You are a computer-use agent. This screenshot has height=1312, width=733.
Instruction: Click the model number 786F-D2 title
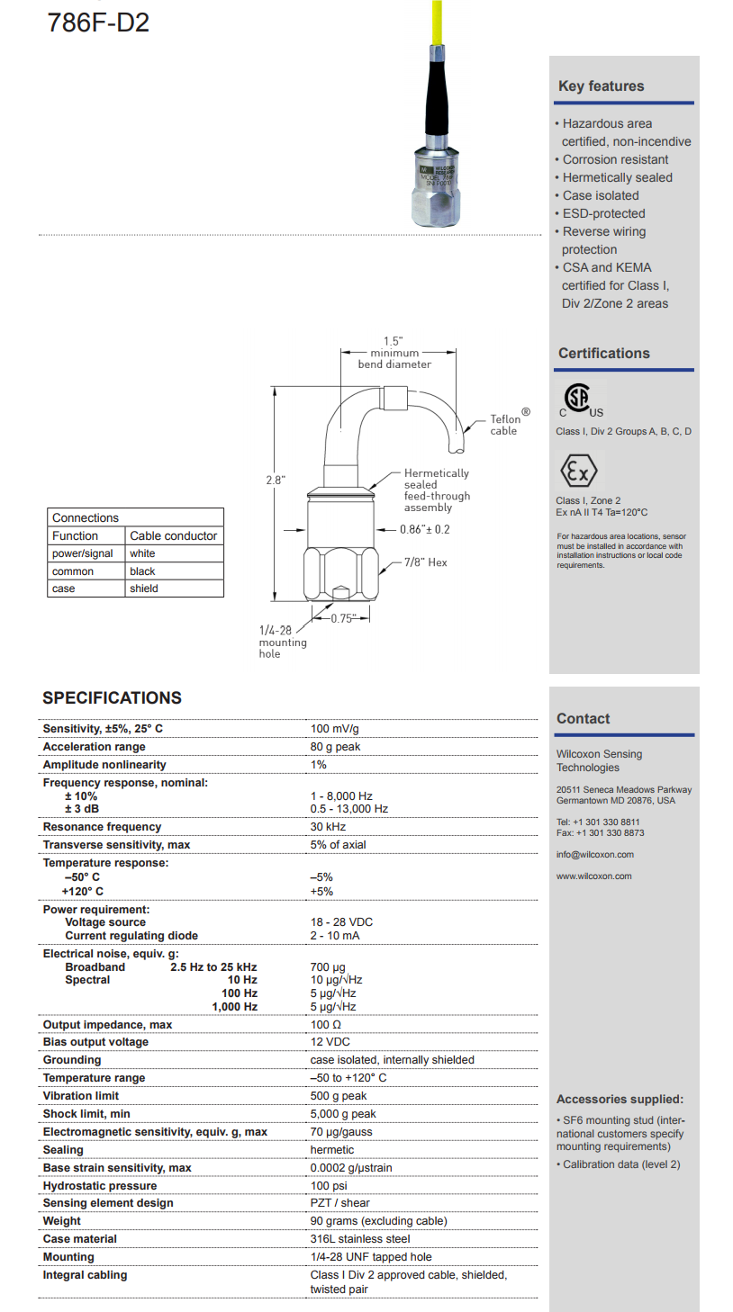pos(98,22)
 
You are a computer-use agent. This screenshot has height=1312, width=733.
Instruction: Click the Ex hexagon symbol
pos(578,471)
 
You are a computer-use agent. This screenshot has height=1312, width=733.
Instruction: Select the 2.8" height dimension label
pos(275,480)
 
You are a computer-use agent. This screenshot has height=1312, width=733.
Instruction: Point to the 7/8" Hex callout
pos(425,562)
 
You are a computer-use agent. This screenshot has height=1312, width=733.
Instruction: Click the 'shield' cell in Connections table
pos(143,589)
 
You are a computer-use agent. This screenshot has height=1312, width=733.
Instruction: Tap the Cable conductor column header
pos(174,535)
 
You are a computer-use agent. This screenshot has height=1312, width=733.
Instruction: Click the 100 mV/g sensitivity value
pos(335,729)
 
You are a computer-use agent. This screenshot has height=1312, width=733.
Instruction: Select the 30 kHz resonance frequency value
pos(329,827)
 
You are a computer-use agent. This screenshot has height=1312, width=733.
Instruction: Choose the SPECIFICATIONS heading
pos(112,698)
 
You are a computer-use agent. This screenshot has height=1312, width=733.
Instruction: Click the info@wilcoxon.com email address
pos(595,854)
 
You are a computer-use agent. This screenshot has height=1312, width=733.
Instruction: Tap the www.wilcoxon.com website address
pos(594,876)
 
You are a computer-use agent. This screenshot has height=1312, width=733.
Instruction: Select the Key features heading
pos(602,86)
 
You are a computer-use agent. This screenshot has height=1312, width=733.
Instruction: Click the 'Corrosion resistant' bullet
pos(615,159)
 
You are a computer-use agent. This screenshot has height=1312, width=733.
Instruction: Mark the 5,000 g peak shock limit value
pos(343,1114)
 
